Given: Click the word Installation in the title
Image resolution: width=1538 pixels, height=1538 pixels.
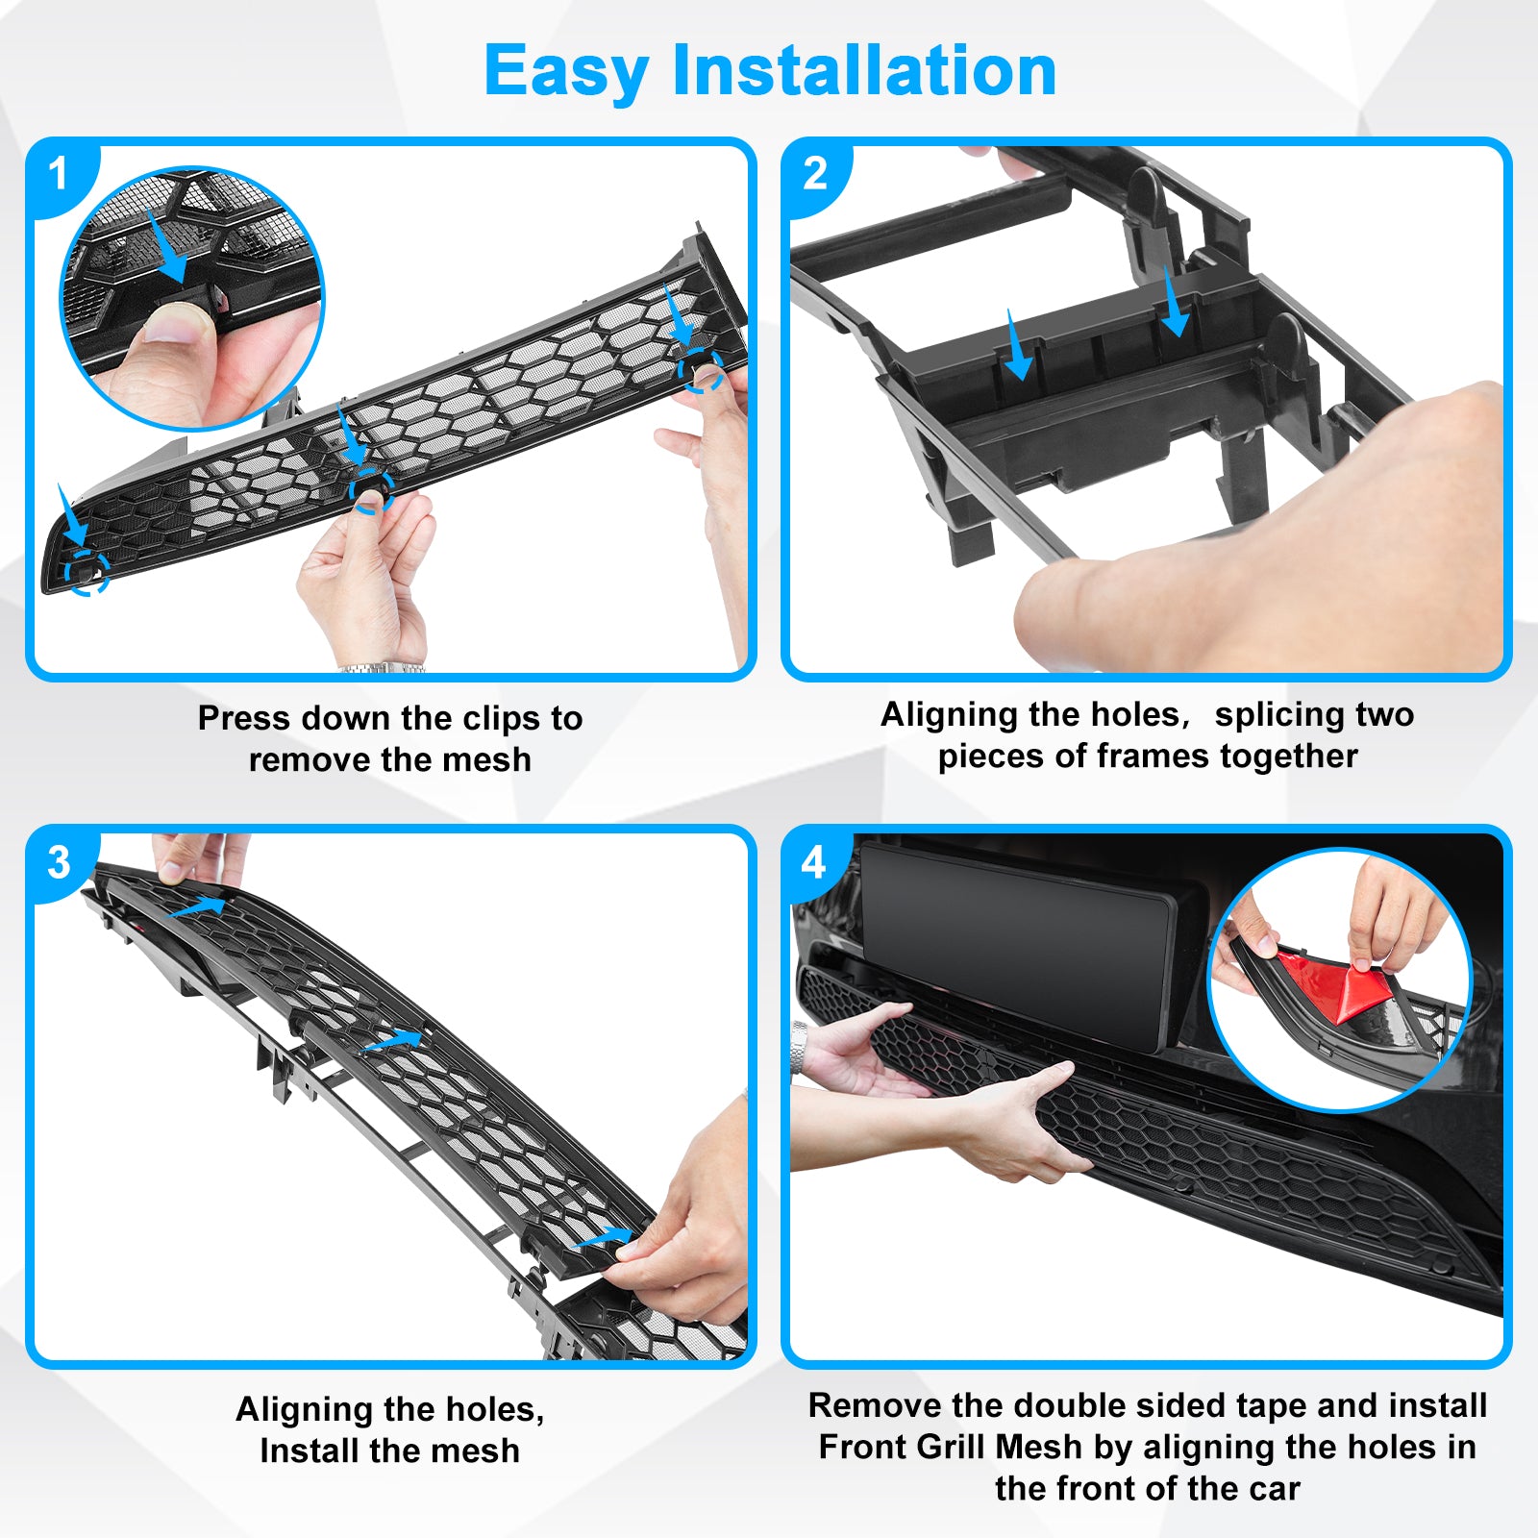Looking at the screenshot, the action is (x=864, y=70).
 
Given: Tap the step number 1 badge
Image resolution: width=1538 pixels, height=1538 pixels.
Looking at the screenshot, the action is (x=60, y=175).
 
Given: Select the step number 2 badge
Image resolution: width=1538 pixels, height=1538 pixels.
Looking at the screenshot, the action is (x=815, y=175).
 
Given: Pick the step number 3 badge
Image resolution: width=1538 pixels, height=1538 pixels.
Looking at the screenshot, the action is (x=60, y=862).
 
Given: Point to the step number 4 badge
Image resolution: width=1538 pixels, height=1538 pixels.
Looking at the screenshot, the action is (x=814, y=862).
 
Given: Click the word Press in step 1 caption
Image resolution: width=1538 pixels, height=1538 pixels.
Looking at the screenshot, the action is (x=244, y=718).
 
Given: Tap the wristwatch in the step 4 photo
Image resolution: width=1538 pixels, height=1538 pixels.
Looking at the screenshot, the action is (x=798, y=1047).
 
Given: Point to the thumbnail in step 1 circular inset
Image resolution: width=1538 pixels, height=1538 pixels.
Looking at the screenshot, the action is (x=177, y=324).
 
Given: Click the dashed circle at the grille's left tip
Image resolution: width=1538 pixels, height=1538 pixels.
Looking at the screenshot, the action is (x=87, y=573).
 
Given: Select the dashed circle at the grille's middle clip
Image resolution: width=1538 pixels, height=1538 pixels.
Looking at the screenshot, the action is (x=371, y=490).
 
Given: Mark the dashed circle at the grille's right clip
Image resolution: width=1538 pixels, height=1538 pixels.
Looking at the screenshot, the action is (x=701, y=370).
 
